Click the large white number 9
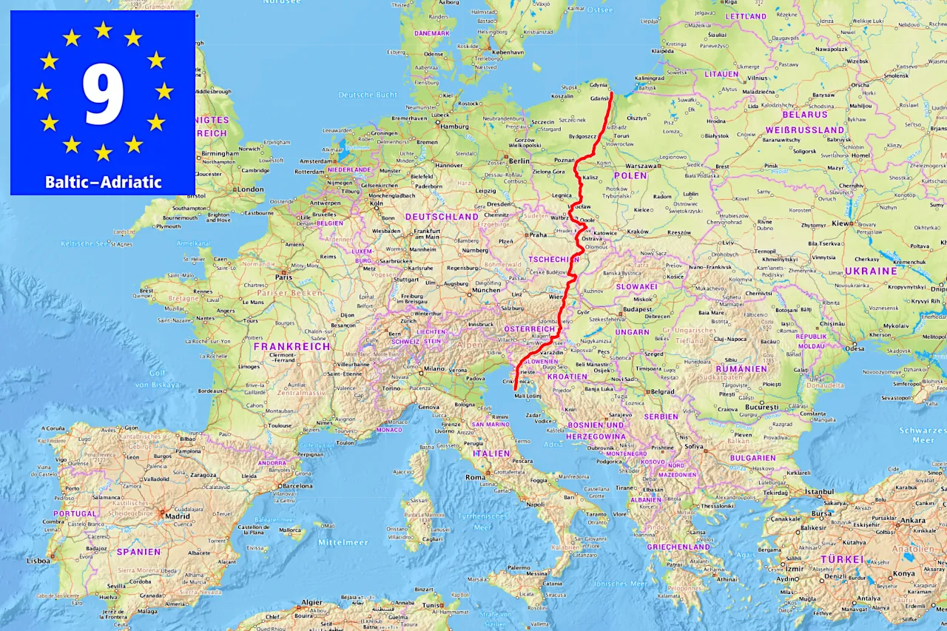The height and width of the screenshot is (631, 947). click(103, 94)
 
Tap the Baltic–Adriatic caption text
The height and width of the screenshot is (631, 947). click(103, 182)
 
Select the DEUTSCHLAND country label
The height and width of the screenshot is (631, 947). click(442, 217)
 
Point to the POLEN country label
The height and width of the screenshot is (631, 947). click(630, 176)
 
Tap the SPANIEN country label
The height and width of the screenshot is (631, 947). click(138, 551)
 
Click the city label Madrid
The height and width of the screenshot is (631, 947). click(177, 516)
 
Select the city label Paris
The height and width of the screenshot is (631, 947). click(283, 277)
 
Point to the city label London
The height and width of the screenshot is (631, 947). click(250, 189)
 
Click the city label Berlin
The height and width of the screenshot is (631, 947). click(519, 161)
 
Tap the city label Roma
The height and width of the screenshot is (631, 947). click(475, 477)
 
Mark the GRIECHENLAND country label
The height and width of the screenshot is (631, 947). click(680, 547)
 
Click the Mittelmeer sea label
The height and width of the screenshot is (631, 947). click(343, 542)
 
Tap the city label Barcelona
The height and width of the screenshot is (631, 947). click(297, 486)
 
